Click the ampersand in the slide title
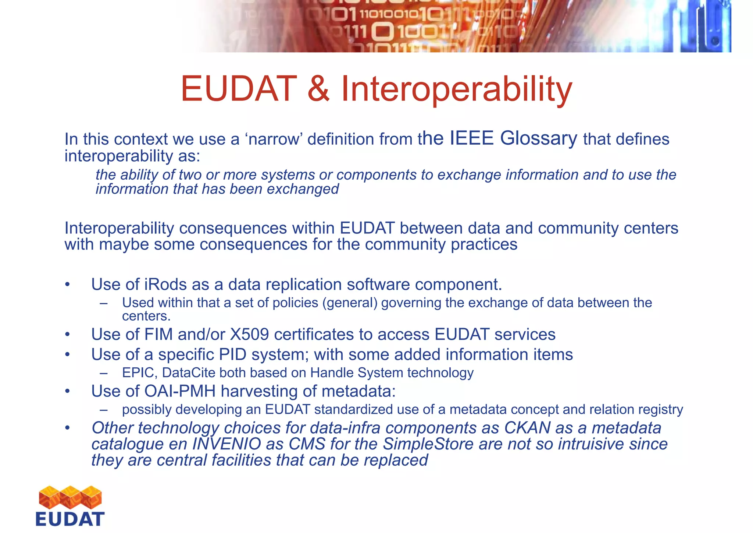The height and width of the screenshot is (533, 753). click(318, 89)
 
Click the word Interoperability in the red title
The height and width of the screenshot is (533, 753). click(457, 89)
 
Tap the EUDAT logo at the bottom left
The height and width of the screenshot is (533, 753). click(70, 506)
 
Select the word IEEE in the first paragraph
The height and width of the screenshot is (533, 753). click(471, 138)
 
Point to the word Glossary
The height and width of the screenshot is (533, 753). click(538, 138)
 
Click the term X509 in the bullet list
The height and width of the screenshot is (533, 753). click(249, 335)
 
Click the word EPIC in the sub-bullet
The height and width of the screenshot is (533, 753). click(139, 373)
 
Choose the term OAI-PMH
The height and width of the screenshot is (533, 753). click(180, 391)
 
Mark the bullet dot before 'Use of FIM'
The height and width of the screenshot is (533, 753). click(67, 335)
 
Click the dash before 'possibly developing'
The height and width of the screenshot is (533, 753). click(103, 410)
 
